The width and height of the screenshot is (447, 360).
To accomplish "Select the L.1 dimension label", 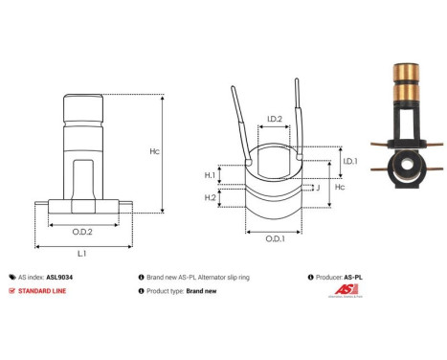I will [82, 253].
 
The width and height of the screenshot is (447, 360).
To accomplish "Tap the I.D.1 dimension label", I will [350, 162].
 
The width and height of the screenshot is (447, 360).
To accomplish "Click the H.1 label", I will [210, 176].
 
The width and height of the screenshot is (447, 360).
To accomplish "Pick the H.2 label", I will [210, 196].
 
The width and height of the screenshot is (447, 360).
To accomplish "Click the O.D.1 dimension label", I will [274, 238].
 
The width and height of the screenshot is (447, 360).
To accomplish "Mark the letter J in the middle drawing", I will [317, 189].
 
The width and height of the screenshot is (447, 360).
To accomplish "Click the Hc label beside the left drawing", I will [181, 152].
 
